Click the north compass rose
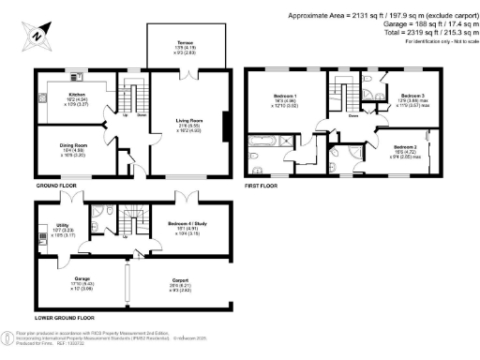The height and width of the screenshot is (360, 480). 35,36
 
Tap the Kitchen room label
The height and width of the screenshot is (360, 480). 74,95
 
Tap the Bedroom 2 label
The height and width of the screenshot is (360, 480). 405,148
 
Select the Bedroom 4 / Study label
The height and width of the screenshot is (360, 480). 190,226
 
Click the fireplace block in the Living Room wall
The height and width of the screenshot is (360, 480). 224,127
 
